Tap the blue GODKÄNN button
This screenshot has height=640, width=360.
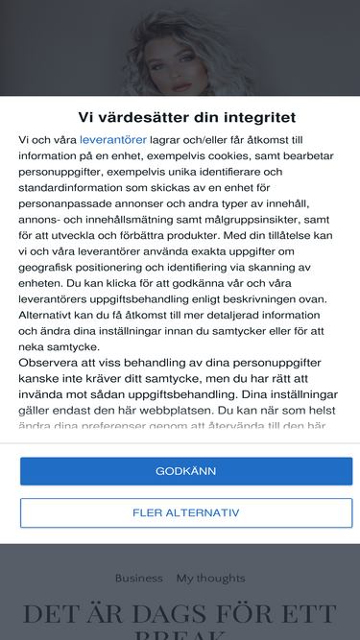[x=186, y=471]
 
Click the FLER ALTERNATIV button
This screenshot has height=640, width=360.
[x=186, y=512]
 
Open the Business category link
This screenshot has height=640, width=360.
[x=139, y=578]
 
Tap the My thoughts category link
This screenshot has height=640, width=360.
[x=210, y=578]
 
